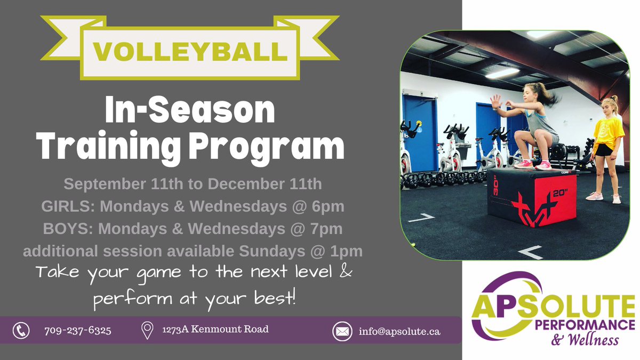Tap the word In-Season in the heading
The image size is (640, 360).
(x=190, y=112)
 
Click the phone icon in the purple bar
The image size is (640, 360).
(x=21, y=330)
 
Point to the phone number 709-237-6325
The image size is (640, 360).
(x=78, y=331)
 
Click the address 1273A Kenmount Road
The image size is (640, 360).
(x=215, y=330)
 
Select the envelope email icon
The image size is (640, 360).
(x=342, y=331)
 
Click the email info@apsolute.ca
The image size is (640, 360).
(x=399, y=331)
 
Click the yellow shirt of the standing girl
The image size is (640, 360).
(x=609, y=130)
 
